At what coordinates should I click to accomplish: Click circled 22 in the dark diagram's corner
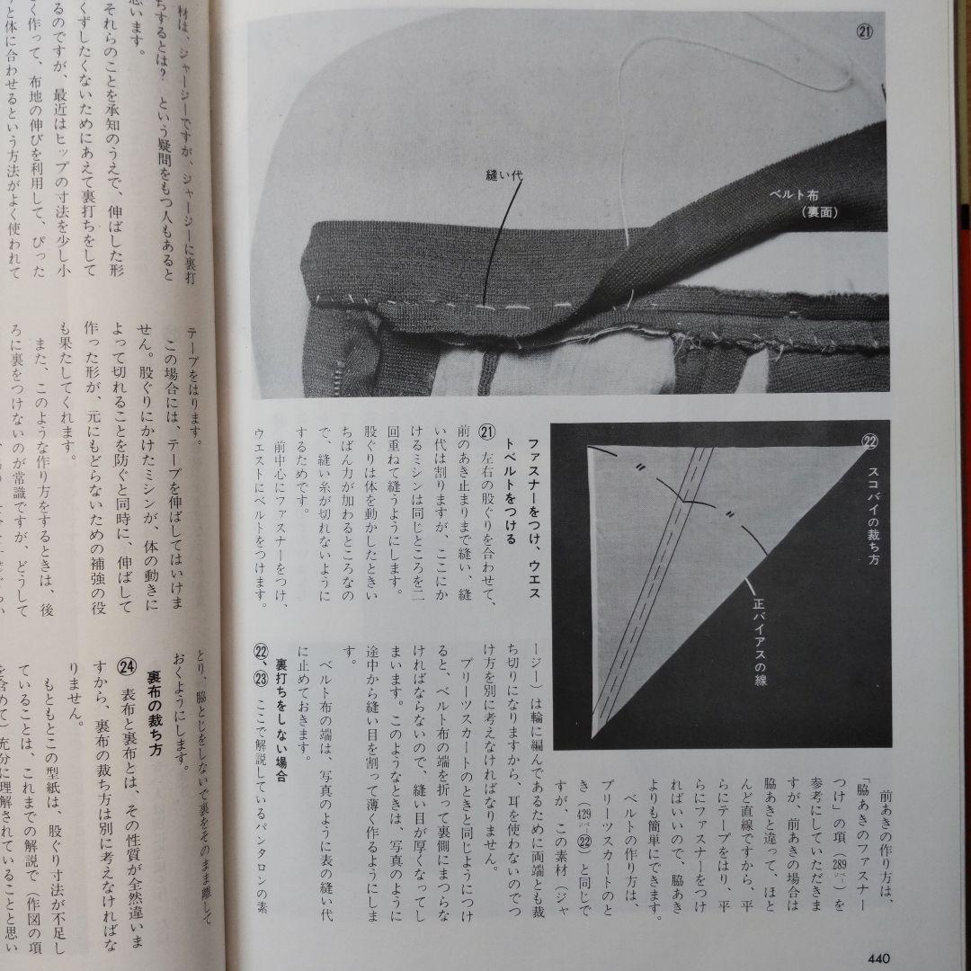point(869,441)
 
